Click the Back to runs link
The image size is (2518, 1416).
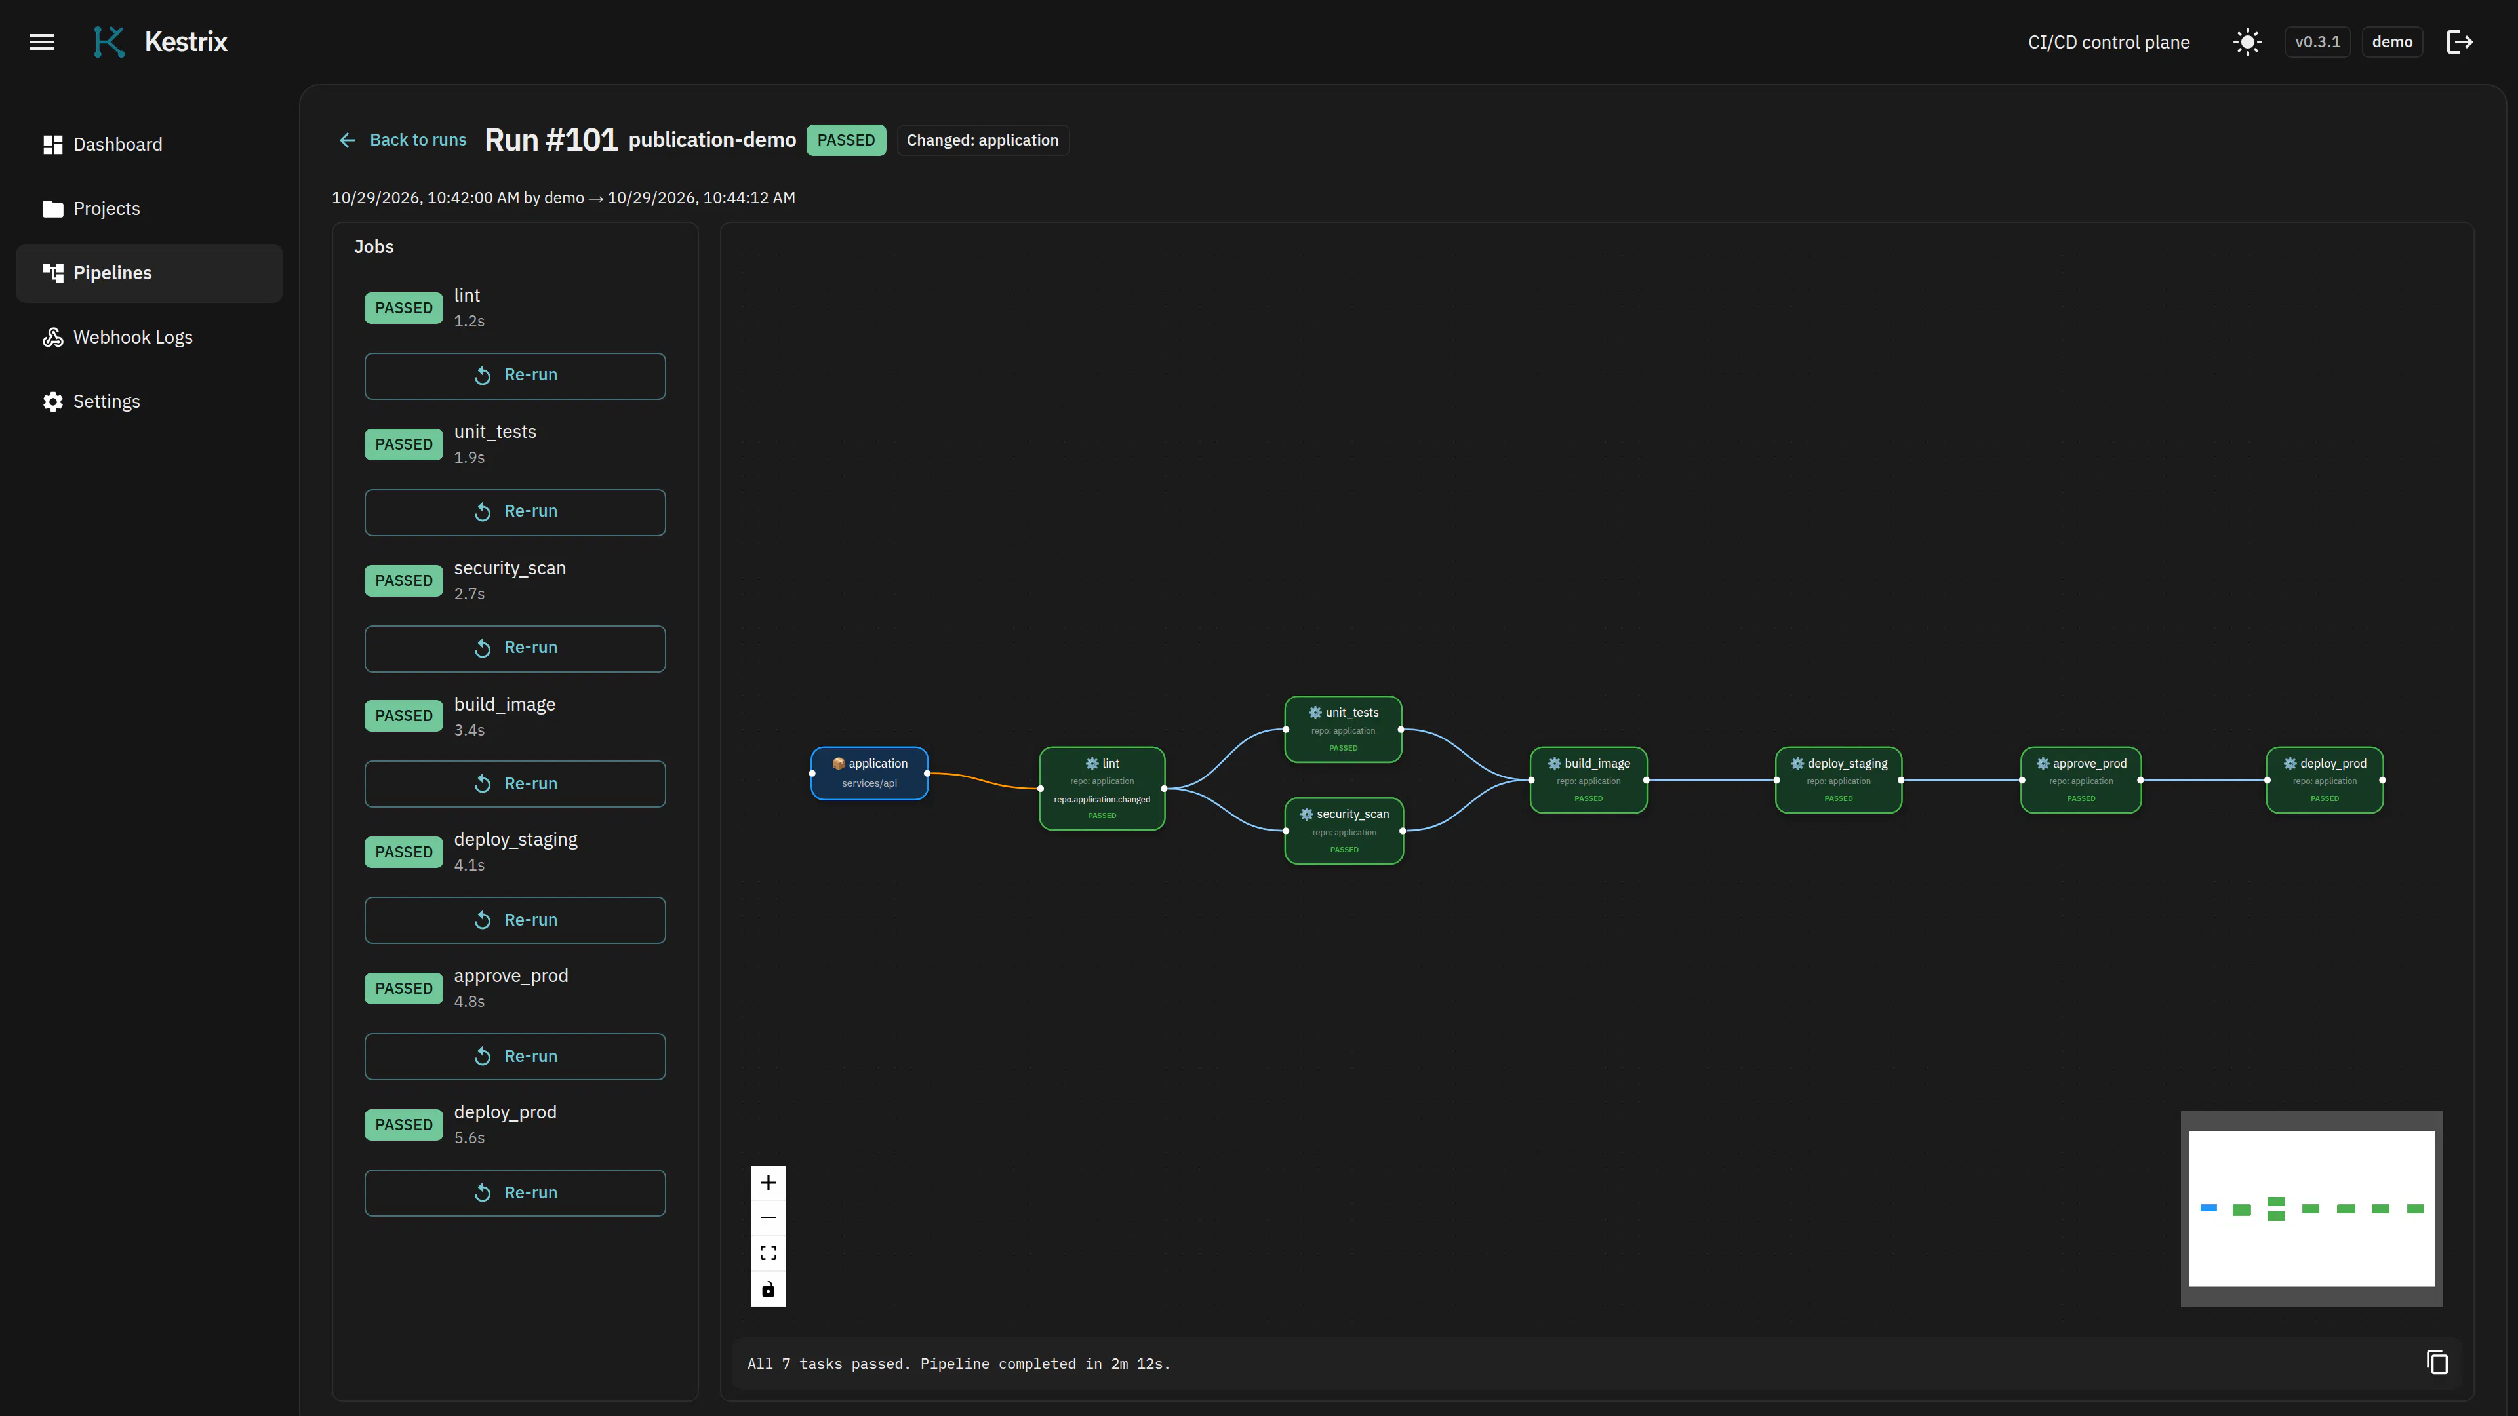[x=403, y=140]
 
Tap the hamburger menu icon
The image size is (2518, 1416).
[x=42, y=42]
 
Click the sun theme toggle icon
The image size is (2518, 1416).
[x=2247, y=42]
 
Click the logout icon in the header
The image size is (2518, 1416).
[x=2460, y=42]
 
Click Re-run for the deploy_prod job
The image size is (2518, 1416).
[x=515, y=1192]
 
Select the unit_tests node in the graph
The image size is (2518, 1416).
[x=1343, y=729]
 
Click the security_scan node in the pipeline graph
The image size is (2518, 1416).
[x=1344, y=831]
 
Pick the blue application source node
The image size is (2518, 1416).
[x=869, y=773]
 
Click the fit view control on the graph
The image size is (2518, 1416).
[x=769, y=1253]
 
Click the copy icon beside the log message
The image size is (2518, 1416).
[x=2437, y=1362]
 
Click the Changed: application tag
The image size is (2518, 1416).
[x=982, y=140]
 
